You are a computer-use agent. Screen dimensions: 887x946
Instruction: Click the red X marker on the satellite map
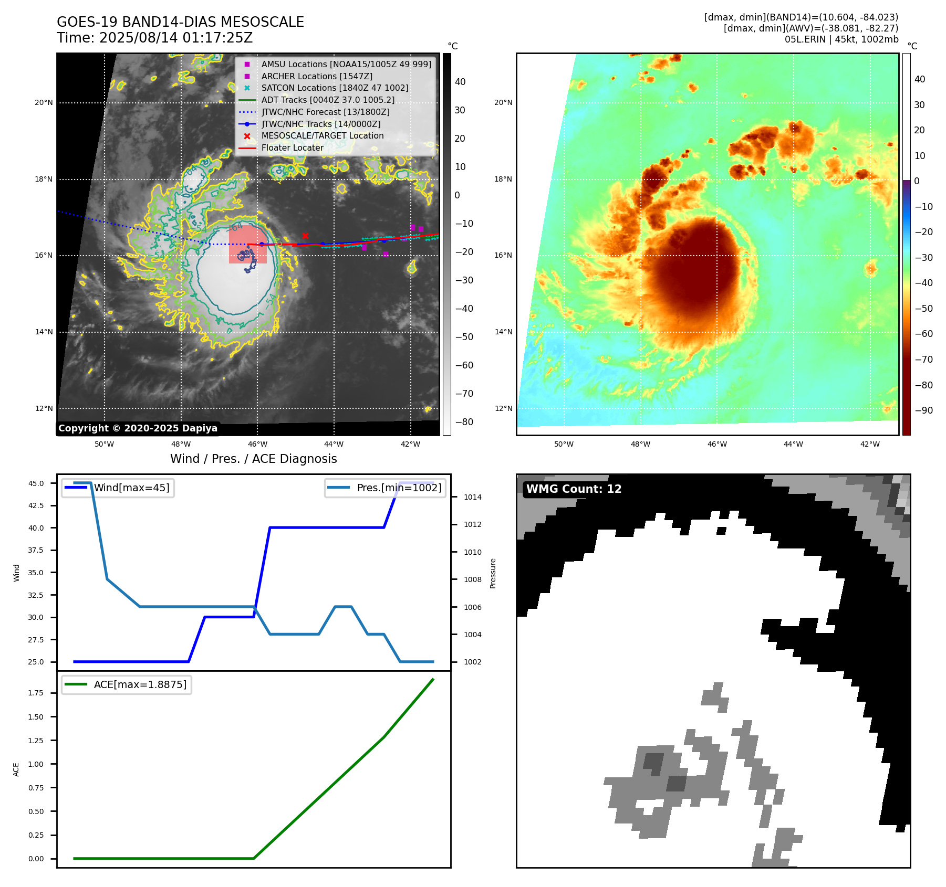305,236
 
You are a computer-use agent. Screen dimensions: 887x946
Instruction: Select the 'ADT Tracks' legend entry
328,100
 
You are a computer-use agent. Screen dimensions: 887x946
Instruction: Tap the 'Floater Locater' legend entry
292,148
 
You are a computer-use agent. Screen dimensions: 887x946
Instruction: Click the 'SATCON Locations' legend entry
335,88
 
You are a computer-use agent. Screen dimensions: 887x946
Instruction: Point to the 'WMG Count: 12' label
574,489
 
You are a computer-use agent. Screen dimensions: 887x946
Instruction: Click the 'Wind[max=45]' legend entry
131,488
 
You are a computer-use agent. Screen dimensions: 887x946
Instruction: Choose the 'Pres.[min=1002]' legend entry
399,488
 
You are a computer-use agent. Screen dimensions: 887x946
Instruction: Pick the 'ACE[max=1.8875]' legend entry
140,684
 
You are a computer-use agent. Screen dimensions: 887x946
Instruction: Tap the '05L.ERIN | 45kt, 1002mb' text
841,39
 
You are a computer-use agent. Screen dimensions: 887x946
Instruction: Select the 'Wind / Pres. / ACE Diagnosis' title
253,459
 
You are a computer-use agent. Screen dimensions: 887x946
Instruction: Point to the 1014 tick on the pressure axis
472,497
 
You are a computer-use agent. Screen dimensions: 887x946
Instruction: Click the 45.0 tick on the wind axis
36,483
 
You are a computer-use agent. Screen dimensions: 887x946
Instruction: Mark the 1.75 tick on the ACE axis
36,693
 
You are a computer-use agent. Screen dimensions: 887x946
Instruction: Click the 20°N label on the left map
44,103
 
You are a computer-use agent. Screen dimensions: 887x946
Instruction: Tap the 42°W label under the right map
870,444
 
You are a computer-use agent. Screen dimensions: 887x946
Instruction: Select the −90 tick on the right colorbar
923,410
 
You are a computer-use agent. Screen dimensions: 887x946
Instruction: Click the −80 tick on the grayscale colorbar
464,422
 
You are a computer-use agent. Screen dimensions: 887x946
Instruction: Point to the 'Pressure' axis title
493,573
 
